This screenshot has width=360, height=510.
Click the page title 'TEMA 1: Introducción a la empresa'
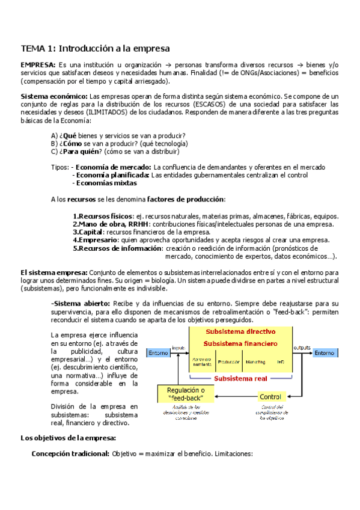click(x=96, y=48)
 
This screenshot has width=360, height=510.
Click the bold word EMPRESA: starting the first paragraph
click(x=38, y=64)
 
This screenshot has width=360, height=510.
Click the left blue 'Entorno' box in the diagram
click(x=159, y=353)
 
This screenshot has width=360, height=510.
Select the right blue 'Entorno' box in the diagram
click(x=323, y=353)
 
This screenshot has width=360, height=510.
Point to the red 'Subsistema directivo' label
click(x=240, y=331)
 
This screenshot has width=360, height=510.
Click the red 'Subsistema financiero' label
click(x=240, y=343)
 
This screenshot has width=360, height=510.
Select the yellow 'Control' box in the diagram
click(x=270, y=397)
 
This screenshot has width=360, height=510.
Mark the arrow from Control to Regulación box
click(x=234, y=397)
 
